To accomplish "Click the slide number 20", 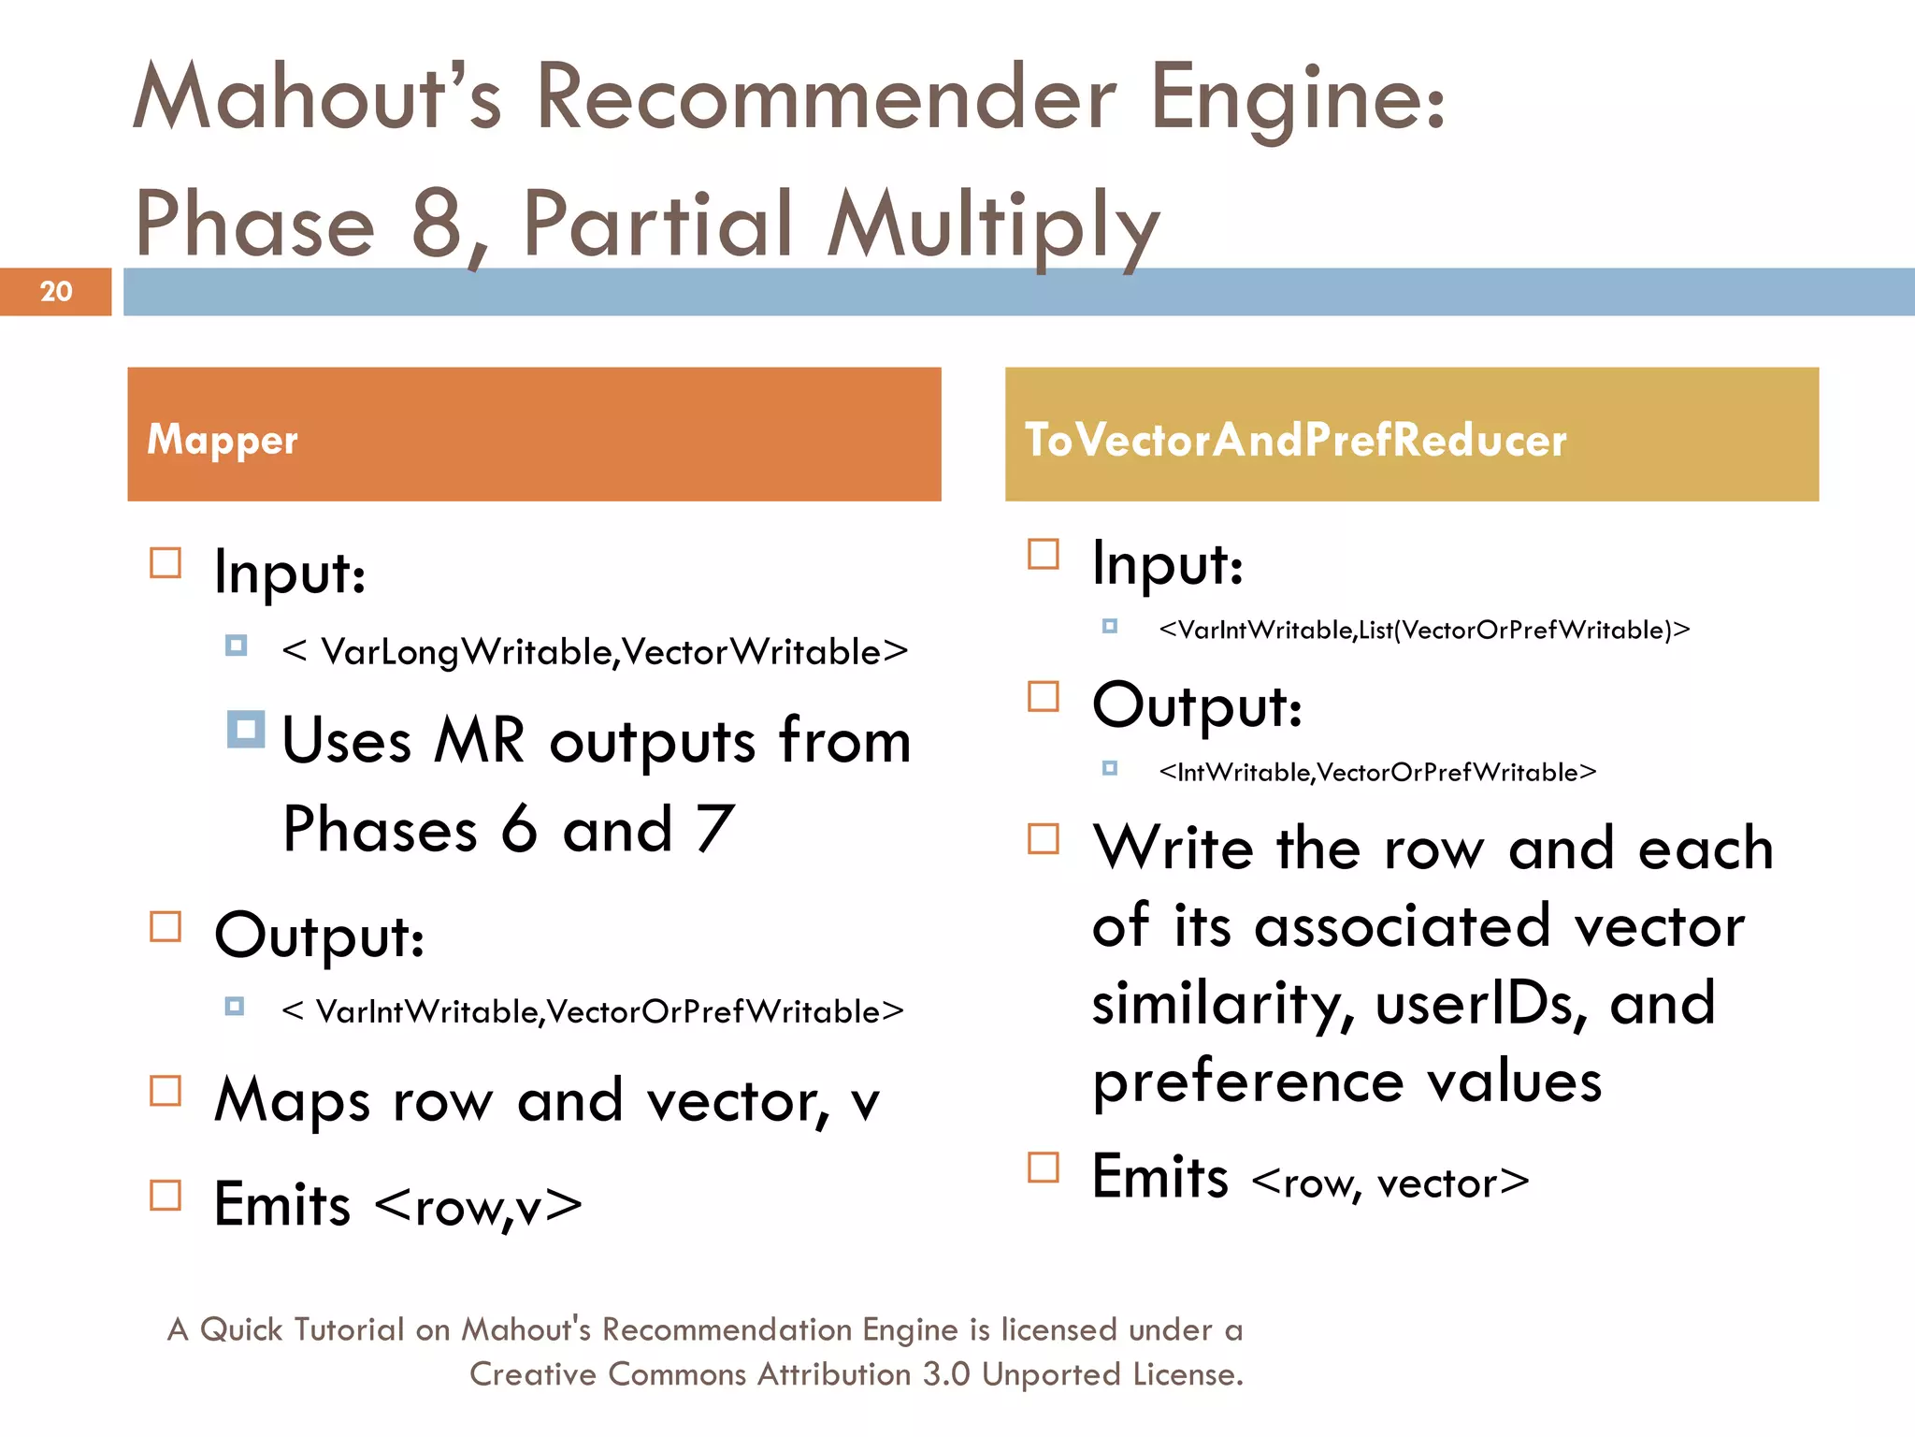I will click(56, 291).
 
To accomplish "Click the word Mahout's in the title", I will click(318, 97).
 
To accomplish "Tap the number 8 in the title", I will click(438, 225).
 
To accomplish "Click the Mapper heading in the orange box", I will click(223, 439).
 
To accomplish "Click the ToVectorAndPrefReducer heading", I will click(1295, 439).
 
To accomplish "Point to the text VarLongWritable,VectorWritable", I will click(596, 652).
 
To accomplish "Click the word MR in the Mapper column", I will click(479, 741).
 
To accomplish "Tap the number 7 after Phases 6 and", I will click(714, 829).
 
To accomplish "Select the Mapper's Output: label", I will click(319, 935).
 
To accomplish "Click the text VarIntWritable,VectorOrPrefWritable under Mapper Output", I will click(593, 1011).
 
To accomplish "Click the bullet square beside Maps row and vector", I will click(166, 1091).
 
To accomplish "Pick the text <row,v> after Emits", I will click(478, 1207).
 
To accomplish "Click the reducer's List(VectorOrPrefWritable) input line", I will click(1423, 630).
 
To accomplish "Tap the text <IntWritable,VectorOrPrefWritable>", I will click(1376, 772).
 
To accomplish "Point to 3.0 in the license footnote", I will click(946, 1374).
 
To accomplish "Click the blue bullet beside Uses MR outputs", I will click(246, 730).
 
